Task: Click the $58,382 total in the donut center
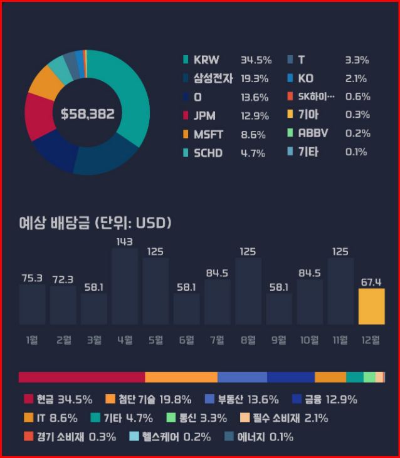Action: [x=87, y=113]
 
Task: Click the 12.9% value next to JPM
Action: [x=255, y=116]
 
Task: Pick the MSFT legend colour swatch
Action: [x=186, y=135]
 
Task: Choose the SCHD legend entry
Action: [x=208, y=153]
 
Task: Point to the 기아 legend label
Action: [x=308, y=115]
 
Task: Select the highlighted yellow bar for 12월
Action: [x=371, y=306]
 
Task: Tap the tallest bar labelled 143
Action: [x=125, y=286]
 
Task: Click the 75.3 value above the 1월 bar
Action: [x=32, y=278]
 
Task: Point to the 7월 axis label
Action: [x=217, y=340]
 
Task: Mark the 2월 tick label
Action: [x=63, y=340]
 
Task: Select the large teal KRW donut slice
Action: [x=131, y=94]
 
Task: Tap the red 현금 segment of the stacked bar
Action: [x=82, y=377]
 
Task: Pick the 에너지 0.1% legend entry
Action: [x=259, y=437]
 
